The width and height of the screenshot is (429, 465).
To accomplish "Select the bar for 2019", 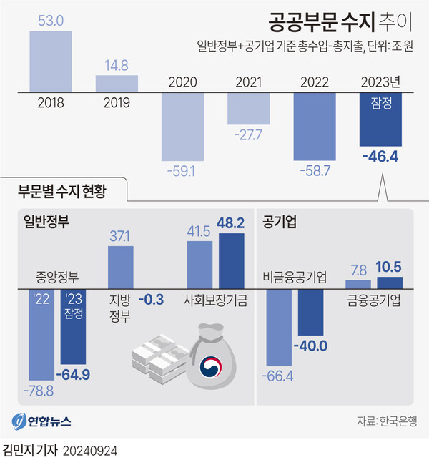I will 117,82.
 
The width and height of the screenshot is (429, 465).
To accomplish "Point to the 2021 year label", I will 250,82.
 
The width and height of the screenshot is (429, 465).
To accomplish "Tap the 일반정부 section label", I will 48,222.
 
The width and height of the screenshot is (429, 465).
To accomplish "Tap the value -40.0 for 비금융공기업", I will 312,346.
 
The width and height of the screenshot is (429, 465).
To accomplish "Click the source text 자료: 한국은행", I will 385,421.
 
